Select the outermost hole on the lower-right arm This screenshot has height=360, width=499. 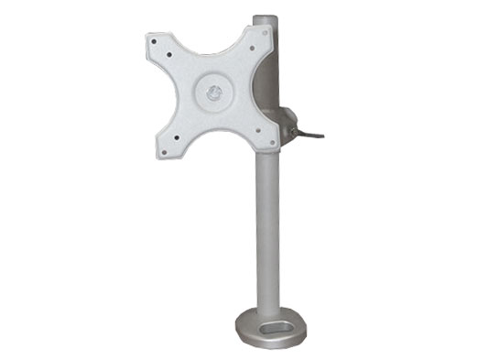[272, 144]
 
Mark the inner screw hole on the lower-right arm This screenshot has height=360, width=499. [257, 130]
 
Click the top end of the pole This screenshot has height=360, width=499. [266, 17]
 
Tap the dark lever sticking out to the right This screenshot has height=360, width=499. [309, 137]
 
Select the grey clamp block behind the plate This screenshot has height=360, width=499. [287, 124]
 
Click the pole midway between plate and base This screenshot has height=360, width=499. [266, 229]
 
